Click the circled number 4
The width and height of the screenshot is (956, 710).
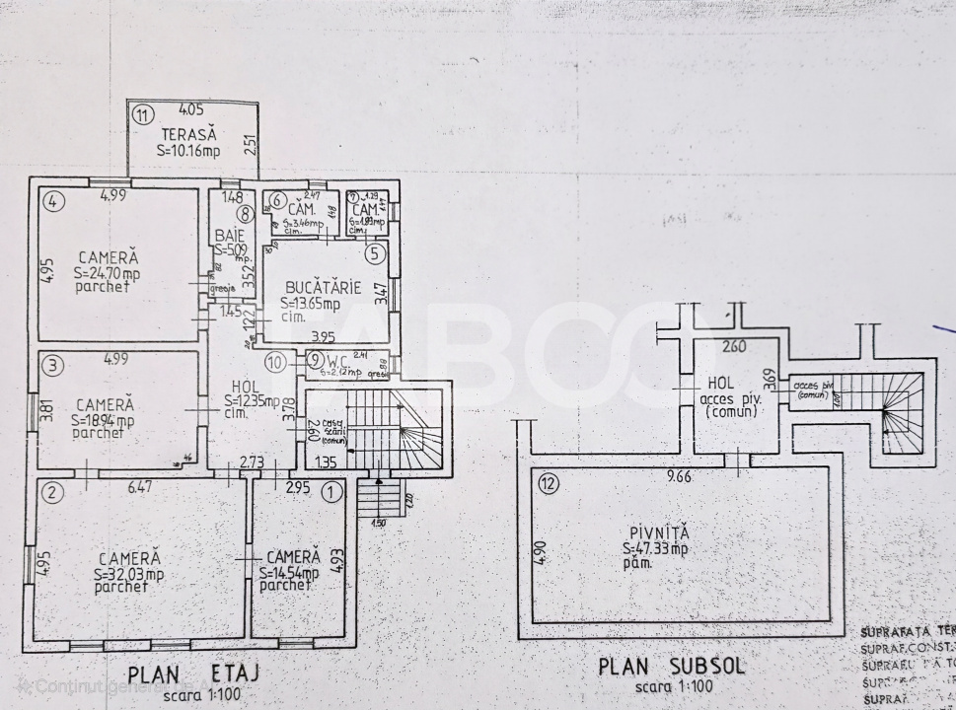[x=55, y=202]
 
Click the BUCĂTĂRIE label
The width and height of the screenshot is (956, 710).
[x=320, y=288]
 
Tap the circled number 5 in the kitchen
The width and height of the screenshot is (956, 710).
[x=374, y=253]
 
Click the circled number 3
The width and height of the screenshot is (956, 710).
[x=53, y=366]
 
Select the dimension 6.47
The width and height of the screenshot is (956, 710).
[x=140, y=486]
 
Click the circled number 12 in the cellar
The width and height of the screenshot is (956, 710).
[x=549, y=483]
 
